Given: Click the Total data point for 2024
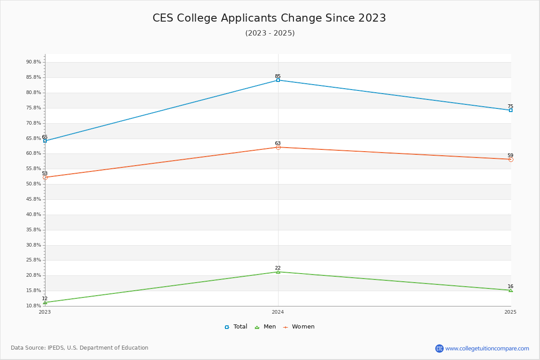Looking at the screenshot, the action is (x=278, y=80).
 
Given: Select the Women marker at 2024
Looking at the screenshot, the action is (x=278, y=147).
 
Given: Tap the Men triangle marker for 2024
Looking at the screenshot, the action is (x=278, y=272).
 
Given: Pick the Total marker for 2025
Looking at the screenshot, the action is (x=511, y=110).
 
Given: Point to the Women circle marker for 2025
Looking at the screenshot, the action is (x=511, y=159).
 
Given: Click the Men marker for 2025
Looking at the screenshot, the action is (x=511, y=290).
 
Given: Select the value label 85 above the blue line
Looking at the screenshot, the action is (x=278, y=76).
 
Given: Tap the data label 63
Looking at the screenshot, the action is (x=278, y=143).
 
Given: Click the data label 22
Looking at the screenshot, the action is (x=278, y=268).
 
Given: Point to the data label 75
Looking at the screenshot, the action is (x=510, y=106).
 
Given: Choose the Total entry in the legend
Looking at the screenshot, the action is (x=236, y=327).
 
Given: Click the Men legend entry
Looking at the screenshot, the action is (x=265, y=327).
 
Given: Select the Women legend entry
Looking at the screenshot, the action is (x=299, y=327).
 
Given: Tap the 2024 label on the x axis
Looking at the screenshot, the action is (x=278, y=312).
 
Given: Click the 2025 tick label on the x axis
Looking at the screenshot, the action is (x=510, y=312).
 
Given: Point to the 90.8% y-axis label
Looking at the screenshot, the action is (x=33, y=62).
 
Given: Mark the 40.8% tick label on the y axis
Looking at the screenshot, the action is (x=33, y=214).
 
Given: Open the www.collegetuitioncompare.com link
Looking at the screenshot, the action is (x=487, y=348).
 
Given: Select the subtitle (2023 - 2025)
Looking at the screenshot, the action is (x=270, y=33).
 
